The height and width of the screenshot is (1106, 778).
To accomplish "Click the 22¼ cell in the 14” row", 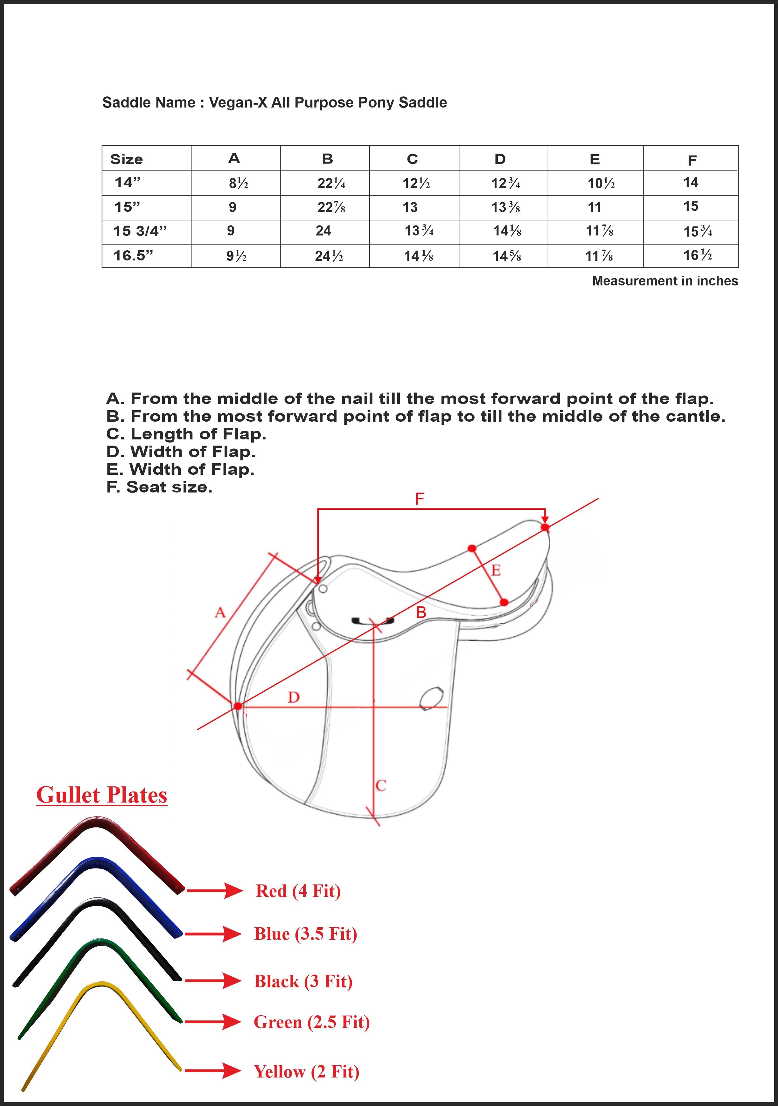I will [x=331, y=183].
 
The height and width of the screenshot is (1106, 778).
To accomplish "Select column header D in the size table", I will [x=500, y=159].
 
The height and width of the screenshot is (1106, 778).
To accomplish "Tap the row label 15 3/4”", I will [x=140, y=231].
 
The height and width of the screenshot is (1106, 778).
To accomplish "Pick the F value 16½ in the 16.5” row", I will [x=697, y=255].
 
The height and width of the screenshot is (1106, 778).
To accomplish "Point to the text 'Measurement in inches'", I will [x=665, y=281].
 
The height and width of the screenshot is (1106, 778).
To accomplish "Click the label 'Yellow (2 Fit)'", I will [x=306, y=1071].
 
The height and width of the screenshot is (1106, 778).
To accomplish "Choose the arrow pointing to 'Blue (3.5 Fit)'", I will [x=213, y=934].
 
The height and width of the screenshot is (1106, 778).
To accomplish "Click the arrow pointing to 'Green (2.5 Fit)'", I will [x=212, y=1022].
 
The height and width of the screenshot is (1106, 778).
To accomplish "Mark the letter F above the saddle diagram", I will [x=420, y=499].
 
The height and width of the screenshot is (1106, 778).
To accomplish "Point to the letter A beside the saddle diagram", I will [x=220, y=613].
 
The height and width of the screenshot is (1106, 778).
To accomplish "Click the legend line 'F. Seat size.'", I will [x=159, y=487].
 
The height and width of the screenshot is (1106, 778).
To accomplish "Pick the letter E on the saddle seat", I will [x=496, y=571].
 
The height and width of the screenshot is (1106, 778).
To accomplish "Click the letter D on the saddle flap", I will [x=293, y=697].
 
